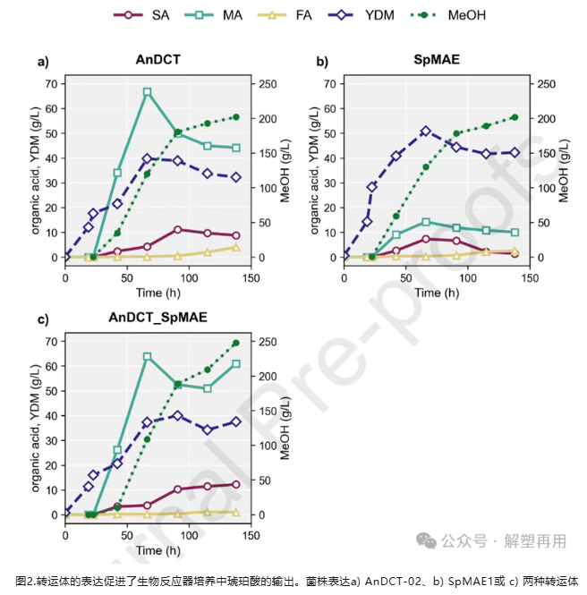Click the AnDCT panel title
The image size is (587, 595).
click(157, 61)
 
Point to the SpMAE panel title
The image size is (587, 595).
click(437, 61)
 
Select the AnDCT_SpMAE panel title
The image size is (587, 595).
click(157, 318)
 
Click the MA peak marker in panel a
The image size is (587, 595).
click(148, 92)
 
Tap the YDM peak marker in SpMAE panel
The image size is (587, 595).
click(426, 131)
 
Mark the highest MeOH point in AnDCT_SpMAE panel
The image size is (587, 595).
click(236, 343)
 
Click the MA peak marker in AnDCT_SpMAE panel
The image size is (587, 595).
click(148, 357)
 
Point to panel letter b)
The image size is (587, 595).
click(321, 62)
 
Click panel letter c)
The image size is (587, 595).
click(43, 319)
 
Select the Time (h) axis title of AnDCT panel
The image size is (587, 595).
click(157, 293)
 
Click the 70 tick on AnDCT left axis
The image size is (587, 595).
click(51, 84)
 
